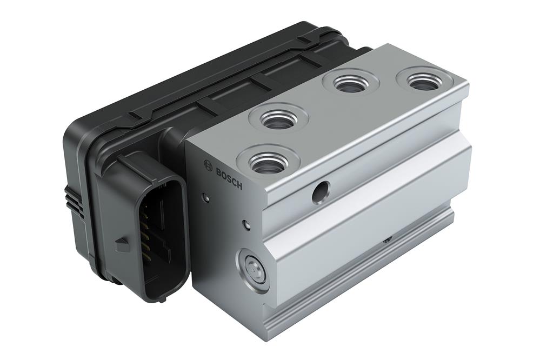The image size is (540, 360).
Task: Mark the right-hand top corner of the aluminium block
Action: [466, 83]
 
